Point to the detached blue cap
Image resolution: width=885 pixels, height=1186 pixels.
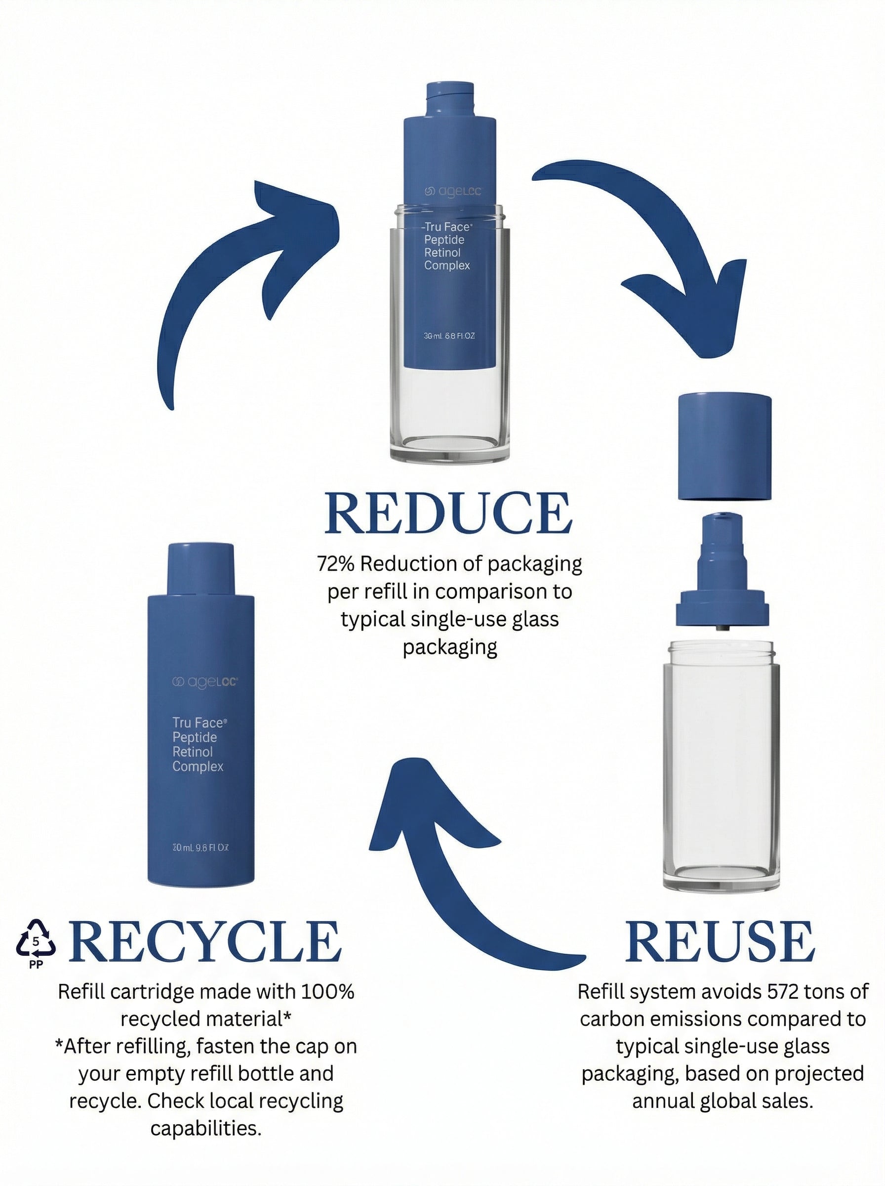[x=724, y=448]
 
